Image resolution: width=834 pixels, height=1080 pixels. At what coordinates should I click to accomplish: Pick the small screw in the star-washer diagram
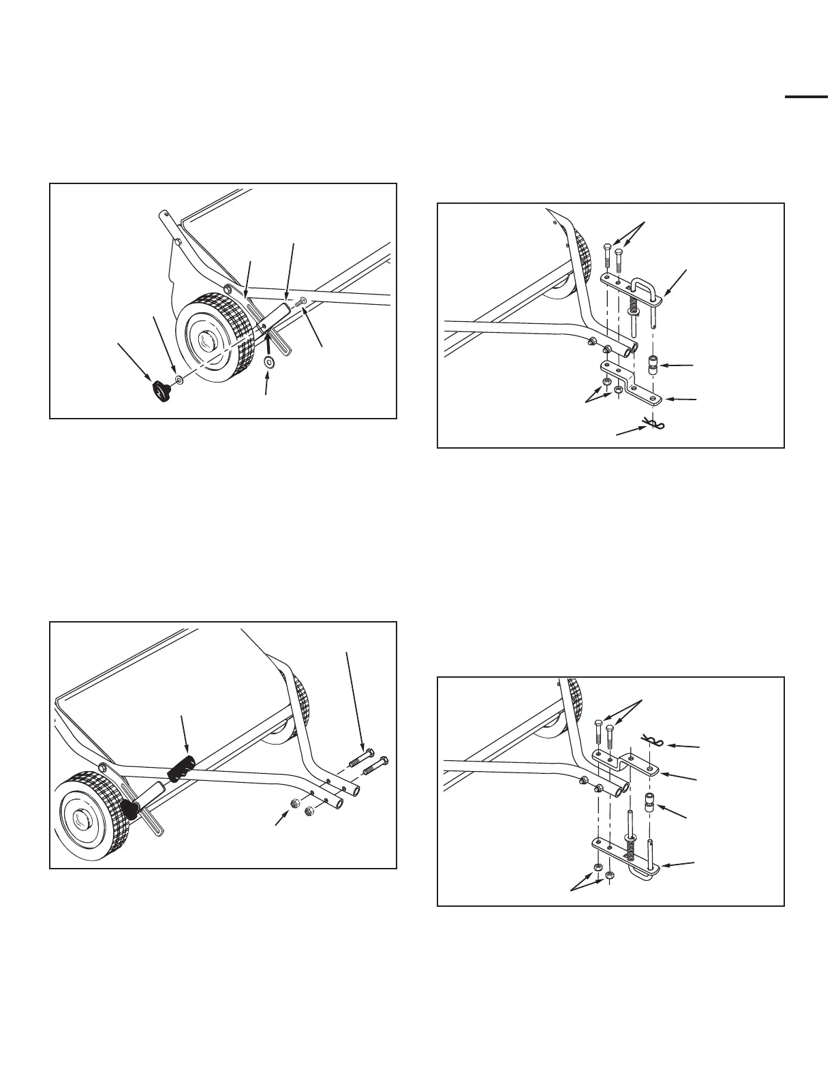[298, 301]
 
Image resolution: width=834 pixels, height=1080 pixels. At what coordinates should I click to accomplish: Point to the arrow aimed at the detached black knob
[136, 361]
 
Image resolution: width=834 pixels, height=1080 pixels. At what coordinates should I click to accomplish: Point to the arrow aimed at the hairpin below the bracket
[630, 429]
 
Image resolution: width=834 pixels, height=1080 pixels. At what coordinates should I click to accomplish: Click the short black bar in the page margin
[805, 98]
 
